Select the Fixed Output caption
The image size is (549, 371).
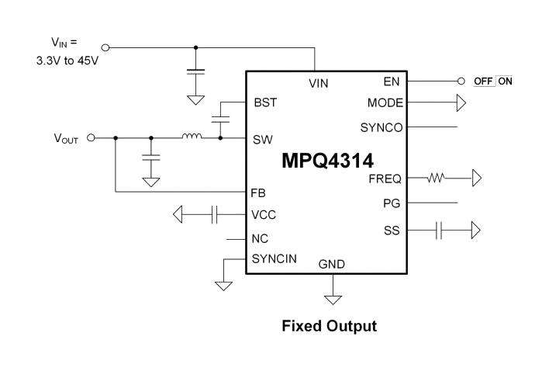(x=329, y=326)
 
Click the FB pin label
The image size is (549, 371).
(x=259, y=191)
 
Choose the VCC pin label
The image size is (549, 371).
(x=264, y=214)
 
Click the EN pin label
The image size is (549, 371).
(x=392, y=81)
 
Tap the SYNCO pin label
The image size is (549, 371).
(x=382, y=127)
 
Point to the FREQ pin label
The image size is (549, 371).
(x=385, y=179)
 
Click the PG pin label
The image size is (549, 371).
(x=392, y=203)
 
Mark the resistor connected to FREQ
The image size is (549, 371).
(x=436, y=179)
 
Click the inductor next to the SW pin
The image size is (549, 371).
(x=192, y=138)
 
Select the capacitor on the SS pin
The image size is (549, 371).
(x=439, y=230)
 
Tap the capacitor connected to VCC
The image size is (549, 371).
(x=215, y=213)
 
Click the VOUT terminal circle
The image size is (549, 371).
(x=91, y=138)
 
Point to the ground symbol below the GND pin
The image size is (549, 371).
(x=333, y=298)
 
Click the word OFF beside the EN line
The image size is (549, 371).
(x=484, y=81)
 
